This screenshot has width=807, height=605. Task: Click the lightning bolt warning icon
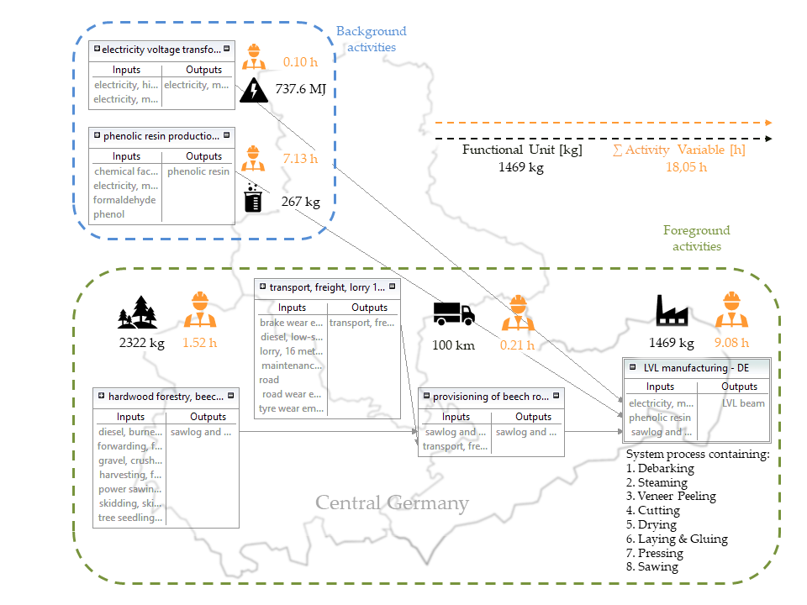click(x=252, y=89)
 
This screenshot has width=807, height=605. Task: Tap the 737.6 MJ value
click(x=300, y=88)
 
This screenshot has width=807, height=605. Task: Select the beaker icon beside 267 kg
click(x=252, y=200)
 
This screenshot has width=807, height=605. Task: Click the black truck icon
click(x=454, y=313)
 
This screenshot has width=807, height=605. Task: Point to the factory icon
click(x=672, y=311)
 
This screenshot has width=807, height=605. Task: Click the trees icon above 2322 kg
click(x=137, y=312)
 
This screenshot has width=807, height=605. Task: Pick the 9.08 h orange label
click(x=731, y=343)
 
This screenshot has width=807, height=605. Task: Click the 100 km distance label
click(x=453, y=345)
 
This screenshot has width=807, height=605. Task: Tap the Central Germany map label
click(x=392, y=503)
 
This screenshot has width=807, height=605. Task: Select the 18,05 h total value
click(x=686, y=166)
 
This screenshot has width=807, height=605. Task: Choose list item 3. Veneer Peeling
click(x=671, y=496)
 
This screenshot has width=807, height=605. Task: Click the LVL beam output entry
click(x=743, y=403)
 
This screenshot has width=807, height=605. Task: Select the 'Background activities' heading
click(x=371, y=39)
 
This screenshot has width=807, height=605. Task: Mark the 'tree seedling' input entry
click(x=130, y=518)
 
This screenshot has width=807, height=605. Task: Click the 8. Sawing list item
click(x=652, y=567)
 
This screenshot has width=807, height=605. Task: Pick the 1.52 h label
click(x=200, y=343)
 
